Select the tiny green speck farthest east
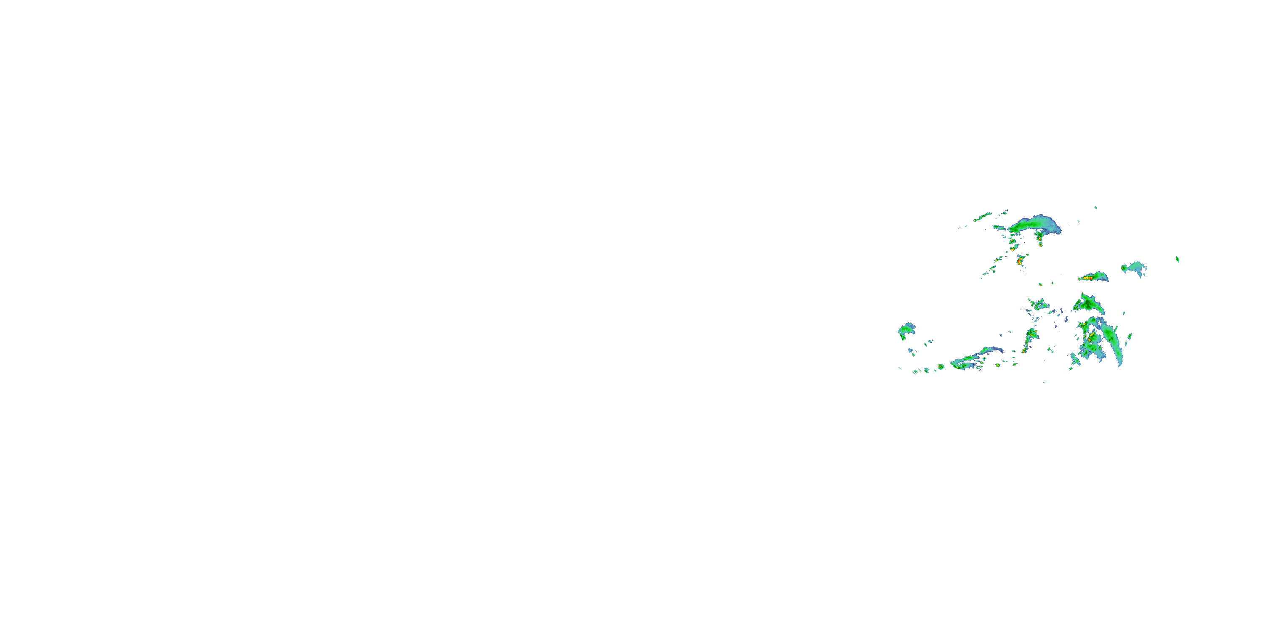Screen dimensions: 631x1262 (1177, 259)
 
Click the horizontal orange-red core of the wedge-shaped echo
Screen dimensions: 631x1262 (1087, 278)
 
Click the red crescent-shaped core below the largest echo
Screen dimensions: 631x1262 (1020, 261)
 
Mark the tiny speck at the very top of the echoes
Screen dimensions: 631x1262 (1096, 207)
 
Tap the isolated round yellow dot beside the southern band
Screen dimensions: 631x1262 (997, 365)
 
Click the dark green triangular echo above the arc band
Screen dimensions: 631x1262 (1089, 304)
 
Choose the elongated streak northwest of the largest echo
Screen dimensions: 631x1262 (982, 217)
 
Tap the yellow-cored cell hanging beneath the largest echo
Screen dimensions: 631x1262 (1039, 239)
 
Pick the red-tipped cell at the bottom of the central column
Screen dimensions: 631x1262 (1024, 350)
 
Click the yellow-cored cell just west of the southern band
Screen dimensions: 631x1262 (940, 366)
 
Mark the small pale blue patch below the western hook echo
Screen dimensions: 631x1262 (911, 351)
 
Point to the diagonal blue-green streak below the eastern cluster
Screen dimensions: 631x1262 (1074, 360)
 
